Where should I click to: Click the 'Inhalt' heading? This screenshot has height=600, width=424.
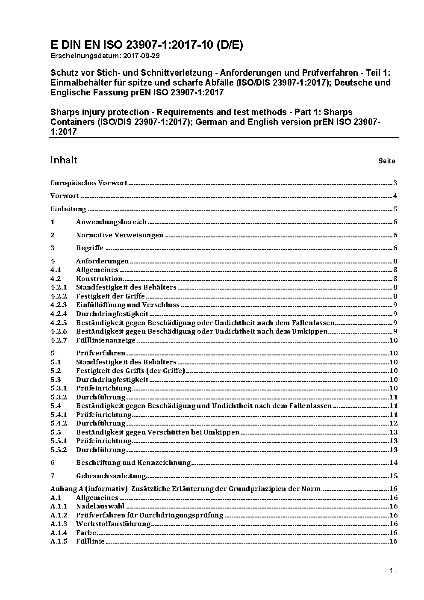coord(64,160)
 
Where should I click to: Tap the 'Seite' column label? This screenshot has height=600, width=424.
coord(386,161)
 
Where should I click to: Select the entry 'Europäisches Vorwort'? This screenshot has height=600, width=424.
coord(89,183)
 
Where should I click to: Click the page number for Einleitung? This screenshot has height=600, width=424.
coord(395,209)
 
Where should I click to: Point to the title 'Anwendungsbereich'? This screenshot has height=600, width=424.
coord(111,222)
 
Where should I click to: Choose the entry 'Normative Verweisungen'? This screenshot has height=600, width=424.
coord(120,235)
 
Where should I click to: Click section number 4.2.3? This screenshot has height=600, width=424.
coord(59,305)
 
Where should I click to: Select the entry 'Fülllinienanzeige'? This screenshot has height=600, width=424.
coord(106,340)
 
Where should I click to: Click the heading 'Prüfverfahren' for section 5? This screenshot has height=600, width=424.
coord(100,353)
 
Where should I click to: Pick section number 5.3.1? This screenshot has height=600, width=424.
coord(59,388)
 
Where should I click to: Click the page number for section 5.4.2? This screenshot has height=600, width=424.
coord(393,423)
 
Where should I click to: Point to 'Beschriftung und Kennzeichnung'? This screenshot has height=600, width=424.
coord(133,463)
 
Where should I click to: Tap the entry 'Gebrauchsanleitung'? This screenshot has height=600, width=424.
coord(111,476)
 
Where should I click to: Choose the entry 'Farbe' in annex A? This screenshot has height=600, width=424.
coord(86,533)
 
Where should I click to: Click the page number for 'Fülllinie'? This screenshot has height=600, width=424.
coord(393,541)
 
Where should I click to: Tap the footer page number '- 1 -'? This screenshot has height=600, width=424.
coord(391,571)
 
